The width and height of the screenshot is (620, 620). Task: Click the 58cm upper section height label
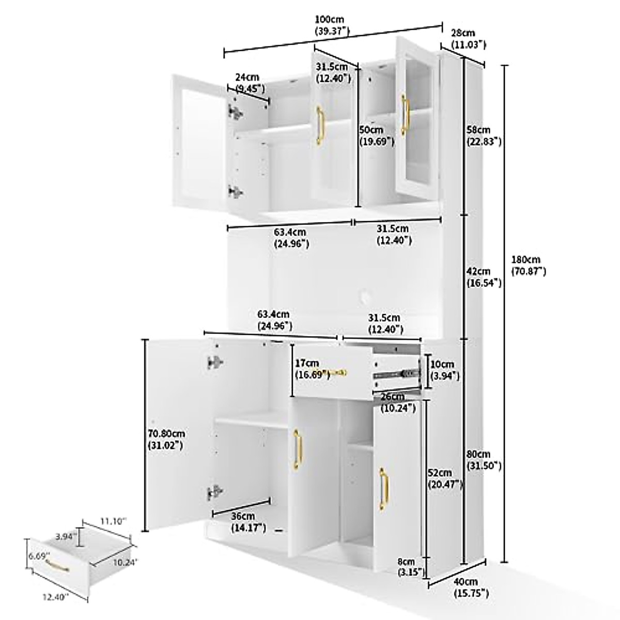point(484,135)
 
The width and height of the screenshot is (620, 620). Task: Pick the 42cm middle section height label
point(484,277)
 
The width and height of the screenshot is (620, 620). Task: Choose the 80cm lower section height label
point(484,460)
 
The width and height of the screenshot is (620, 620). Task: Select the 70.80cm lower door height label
point(165,439)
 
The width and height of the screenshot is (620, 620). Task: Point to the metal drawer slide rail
point(398,373)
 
